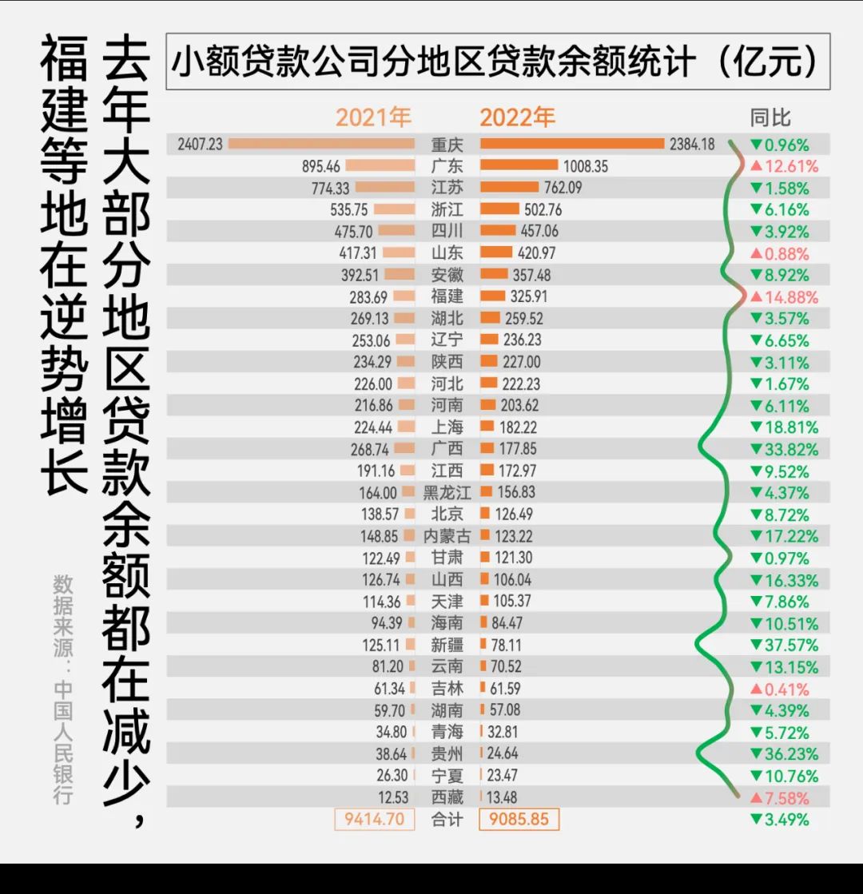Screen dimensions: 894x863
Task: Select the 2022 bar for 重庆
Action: click(571, 144)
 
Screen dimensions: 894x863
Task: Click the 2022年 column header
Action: click(517, 117)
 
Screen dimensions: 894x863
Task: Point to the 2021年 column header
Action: click(373, 117)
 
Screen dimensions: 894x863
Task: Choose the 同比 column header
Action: click(770, 117)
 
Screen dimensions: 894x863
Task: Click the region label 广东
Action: click(447, 166)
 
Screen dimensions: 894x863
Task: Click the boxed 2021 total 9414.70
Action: click(374, 819)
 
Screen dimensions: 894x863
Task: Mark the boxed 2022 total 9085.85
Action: click(519, 819)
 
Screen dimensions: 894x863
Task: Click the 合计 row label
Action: click(447, 819)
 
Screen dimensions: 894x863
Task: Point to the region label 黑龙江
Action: click(447, 493)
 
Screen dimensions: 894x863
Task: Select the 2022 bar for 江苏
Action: click(509, 188)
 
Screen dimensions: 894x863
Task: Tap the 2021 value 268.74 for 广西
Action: click(371, 449)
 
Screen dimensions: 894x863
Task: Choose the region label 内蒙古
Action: click(447, 536)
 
